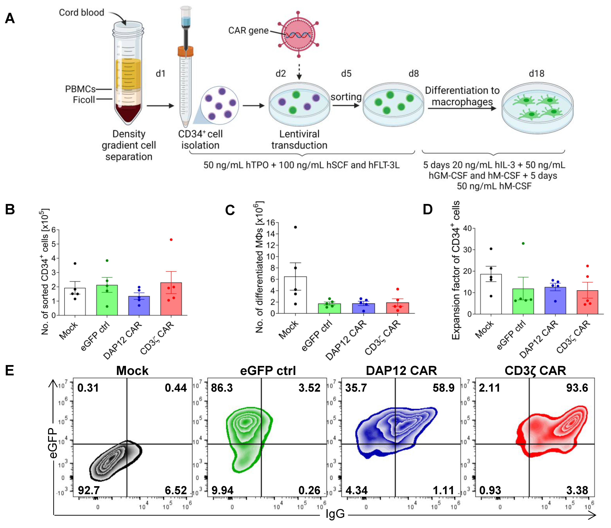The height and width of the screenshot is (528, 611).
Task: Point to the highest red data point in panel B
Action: (171, 239)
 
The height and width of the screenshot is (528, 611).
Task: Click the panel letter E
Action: (10, 370)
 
